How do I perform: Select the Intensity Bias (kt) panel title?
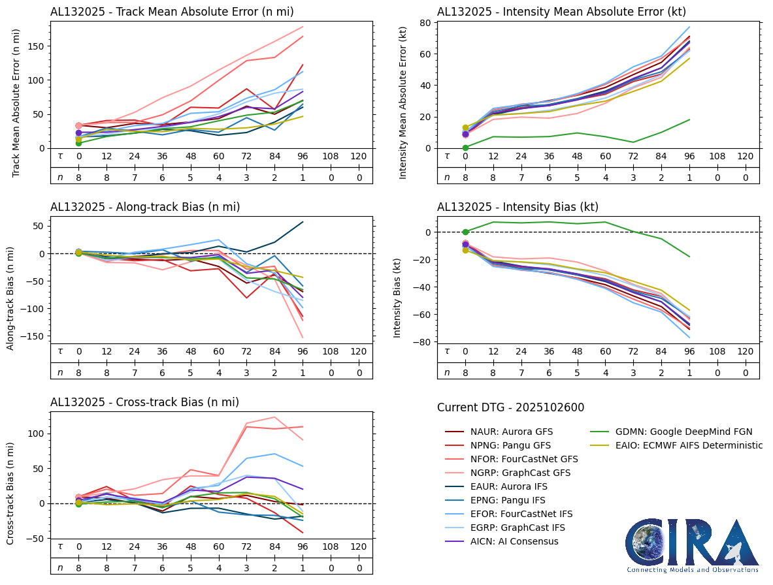pos(518,207)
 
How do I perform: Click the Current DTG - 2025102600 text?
pos(510,408)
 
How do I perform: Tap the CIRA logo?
pos(692,546)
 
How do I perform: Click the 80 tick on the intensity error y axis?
pos(423,23)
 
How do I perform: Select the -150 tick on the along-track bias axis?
pos(35,336)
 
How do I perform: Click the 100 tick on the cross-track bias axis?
pos(37,434)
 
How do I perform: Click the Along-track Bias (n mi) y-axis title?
pos(11,298)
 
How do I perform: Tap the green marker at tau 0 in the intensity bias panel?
pos(465,232)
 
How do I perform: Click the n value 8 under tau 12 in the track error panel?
pos(107,176)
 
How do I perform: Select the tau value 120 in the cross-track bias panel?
pos(359,546)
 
